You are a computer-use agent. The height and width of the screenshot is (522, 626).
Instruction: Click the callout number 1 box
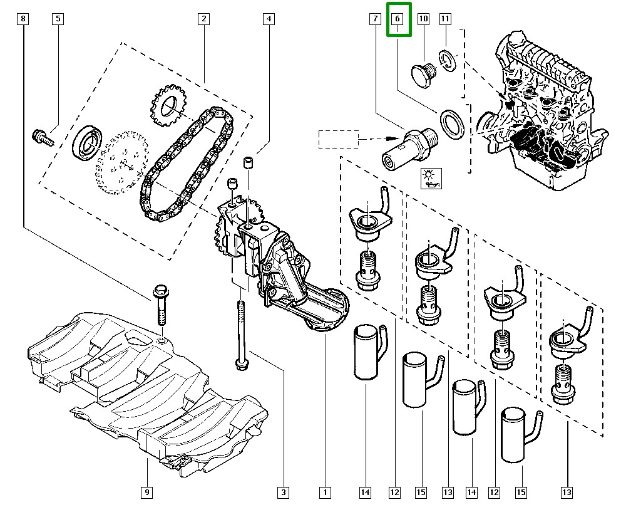pos(325,493)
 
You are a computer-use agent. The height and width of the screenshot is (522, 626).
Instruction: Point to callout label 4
pos(268,19)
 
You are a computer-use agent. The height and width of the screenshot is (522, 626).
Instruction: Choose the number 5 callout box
pos(58,19)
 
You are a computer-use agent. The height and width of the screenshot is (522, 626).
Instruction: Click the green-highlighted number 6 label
pos(398,19)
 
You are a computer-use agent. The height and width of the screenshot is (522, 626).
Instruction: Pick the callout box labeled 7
pos(374,19)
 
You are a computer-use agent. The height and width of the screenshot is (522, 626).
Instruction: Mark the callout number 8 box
pos(23,19)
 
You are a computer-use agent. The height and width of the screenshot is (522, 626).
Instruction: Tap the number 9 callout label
pos(146,493)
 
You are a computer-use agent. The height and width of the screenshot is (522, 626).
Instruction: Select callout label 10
pos(423,19)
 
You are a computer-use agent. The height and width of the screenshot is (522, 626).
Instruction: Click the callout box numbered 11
pos(445,19)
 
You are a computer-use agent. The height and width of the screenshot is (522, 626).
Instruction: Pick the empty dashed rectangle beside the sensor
pos(338,139)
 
